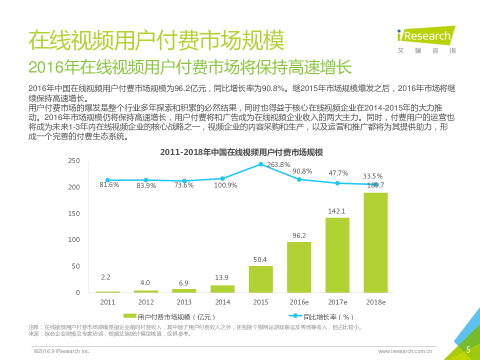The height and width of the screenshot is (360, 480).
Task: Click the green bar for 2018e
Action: (x=375, y=242)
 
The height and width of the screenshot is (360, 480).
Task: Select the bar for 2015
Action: (x=260, y=279)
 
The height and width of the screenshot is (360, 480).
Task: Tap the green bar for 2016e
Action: (x=299, y=267)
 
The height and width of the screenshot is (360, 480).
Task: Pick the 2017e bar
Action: (x=337, y=255)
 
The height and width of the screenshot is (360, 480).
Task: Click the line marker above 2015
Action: (x=260, y=164)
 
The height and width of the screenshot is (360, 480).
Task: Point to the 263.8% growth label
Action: (x=278, y=164)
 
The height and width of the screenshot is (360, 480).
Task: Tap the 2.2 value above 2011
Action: (x=105, y=277)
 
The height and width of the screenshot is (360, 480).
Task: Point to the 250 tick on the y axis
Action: (x=74, y=160)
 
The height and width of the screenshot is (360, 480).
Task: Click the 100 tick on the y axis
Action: (x=74, y=239)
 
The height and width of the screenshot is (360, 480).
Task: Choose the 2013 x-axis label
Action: (x=184, y=302)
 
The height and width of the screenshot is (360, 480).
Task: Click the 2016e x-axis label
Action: (x=299, y=302)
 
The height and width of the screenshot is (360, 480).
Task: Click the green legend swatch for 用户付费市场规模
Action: (x=130, y=316)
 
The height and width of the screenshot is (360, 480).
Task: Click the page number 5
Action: (x=468, y=349)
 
